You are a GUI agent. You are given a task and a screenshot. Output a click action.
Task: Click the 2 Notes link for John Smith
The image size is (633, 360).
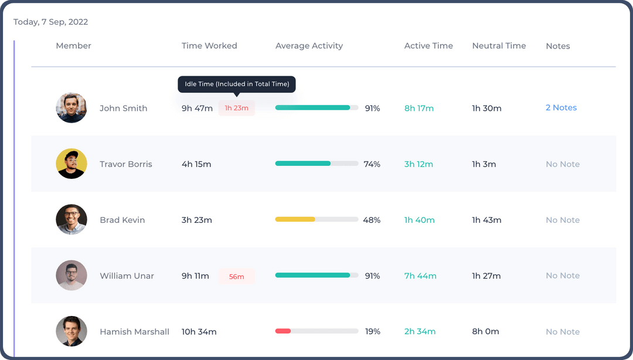(x=561, y=108)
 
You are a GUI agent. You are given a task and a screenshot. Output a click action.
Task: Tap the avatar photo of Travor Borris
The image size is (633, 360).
(x=72, y=164)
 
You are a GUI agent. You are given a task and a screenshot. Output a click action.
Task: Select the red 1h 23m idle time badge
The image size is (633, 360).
(x=237, y=108)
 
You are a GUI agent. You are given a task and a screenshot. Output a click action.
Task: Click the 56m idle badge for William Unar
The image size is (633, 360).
(x=237, y=277)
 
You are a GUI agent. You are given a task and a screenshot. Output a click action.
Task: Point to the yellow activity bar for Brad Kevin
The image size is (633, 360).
(x=295, y=219)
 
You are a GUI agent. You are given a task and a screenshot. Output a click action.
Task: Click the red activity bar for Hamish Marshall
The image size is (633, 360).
(x=283, y=331)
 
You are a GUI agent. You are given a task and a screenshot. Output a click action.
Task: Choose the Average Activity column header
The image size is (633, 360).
(x=309, y=46)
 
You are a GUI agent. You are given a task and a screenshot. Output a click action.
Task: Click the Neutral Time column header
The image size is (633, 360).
(x=499, y=46)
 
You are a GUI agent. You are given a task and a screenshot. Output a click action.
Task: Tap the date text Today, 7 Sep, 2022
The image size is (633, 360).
(x=50, y=22)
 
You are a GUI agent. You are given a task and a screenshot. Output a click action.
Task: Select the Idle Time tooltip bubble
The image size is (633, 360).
(x=237, y=84)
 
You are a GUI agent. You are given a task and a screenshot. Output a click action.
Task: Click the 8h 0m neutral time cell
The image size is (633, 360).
(x=485, y=331)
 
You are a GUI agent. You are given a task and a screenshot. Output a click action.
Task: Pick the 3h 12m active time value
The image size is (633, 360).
(x=418, y=164)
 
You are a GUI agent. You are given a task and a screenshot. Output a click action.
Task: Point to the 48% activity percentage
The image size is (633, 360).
(x=372, y=220)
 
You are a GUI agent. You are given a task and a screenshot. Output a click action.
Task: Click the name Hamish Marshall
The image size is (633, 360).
(x=134, y=332)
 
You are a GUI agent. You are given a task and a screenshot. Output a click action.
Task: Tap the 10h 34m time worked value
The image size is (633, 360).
(x=199, y=332)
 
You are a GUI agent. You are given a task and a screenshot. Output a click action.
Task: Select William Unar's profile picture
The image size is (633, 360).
(x=72, y=276)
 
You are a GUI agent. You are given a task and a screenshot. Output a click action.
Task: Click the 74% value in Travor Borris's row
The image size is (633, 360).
(x=372, y=164)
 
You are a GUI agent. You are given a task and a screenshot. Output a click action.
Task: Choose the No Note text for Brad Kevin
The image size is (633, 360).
(x=563, y=220)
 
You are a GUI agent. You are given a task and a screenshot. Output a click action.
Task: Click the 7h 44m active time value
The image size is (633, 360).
(x=420, y=276)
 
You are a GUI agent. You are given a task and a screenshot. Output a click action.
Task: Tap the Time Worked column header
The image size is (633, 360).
(x=209, y=46)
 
